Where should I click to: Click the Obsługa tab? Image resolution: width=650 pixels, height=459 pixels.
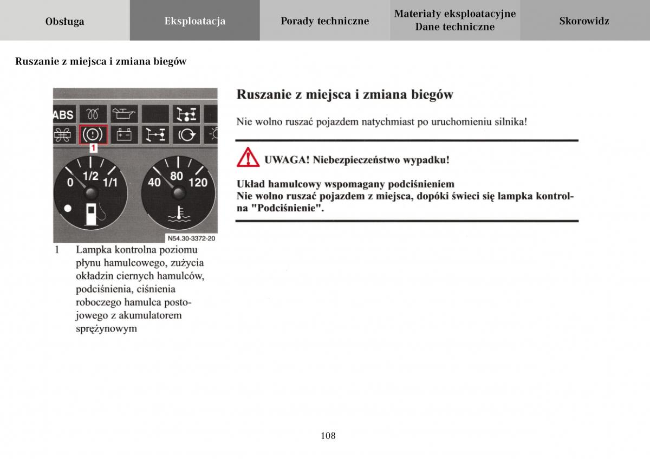[x=64, y=21]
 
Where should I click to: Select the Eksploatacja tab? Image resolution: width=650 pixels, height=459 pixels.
[x=194, y=21]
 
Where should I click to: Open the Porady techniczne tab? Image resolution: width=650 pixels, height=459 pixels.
[x=324, y=21]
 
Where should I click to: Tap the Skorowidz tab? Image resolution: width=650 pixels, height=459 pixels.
[x=584, y=21]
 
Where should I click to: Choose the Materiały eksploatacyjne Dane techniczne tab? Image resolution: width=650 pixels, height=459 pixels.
[x=454, y=21]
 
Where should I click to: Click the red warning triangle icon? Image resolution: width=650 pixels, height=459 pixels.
[x=247, y=157]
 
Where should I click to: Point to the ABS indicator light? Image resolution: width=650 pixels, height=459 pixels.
[x=63, y=114]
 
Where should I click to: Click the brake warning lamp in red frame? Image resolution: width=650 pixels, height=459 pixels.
[x=94, y=134]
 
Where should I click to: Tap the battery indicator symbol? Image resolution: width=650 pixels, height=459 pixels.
[x=125, y=134]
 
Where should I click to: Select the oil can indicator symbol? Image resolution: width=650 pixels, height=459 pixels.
[x=125, y=114]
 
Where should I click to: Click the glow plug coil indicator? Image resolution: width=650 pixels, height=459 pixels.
[x=94, y=114]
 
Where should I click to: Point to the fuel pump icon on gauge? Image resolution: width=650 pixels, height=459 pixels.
[x=92, y=213]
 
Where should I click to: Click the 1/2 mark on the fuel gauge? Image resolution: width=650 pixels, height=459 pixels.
[x=90, y=176]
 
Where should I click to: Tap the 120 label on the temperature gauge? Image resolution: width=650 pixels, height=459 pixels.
[x=198, y=183]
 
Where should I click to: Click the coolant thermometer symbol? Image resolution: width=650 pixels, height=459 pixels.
[x=177, y=214]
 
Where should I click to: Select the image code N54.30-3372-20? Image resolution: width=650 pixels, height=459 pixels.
[x=191, y=238]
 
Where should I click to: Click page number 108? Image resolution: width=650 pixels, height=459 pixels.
[x=328, y=435]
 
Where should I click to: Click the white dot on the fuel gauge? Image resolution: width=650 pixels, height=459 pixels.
[x=67, y=208]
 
